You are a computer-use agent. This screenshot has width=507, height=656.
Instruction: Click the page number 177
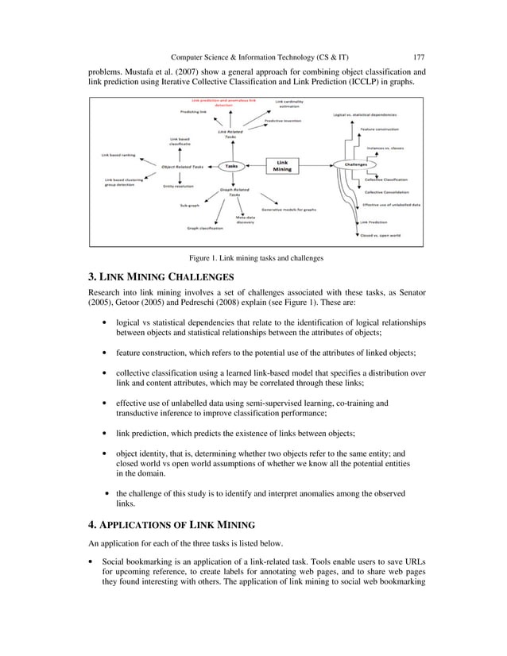419,56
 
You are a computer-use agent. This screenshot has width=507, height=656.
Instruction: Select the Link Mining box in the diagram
283,164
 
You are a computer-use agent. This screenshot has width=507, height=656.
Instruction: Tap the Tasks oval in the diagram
231,166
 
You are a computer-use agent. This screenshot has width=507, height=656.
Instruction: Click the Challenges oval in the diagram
355,164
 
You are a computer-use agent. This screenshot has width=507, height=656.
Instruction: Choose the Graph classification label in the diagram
205,228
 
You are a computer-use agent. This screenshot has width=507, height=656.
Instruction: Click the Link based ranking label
117,154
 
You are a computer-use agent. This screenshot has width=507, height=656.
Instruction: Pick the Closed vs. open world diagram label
380,234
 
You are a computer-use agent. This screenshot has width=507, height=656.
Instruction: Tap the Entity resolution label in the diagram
180,185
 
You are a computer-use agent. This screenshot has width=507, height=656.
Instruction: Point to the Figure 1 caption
255,258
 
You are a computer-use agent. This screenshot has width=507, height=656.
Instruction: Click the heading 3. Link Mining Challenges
160,277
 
